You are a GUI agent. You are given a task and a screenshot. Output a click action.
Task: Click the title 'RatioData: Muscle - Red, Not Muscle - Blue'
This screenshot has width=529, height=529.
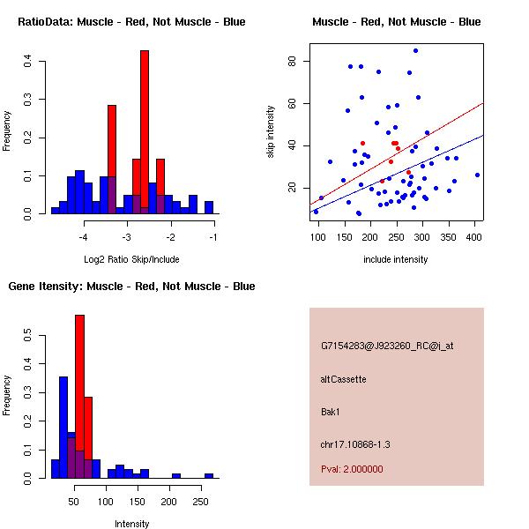click(131, 22)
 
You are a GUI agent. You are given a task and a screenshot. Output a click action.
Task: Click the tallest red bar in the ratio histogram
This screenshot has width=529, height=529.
click(145, 132)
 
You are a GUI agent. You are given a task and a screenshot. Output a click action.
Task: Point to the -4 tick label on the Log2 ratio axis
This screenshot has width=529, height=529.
click(84, 237)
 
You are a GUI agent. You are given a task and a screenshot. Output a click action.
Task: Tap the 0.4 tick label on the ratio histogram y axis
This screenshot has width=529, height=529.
click(28, 61)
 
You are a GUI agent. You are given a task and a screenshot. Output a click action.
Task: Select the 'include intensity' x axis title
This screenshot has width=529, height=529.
click(396, 259)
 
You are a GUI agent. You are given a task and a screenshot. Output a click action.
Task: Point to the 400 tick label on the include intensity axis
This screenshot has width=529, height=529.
click(474, 237)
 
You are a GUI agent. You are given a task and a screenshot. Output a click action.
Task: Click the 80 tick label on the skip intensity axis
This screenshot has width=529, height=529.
click(292, 61)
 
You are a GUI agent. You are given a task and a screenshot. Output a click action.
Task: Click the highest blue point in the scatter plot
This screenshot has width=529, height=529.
click(415, 51)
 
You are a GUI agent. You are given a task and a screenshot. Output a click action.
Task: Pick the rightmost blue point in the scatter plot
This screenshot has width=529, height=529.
click(477, 175)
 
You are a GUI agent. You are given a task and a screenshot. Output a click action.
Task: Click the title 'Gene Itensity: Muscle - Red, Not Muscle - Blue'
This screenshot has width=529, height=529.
click(131, 287)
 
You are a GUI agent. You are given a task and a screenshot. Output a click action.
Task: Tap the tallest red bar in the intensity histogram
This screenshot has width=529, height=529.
click(79, 397)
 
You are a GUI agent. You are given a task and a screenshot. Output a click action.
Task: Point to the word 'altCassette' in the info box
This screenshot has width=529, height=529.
click(344, 379)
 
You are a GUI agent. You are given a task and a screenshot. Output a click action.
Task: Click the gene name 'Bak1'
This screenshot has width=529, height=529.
click(332, 411)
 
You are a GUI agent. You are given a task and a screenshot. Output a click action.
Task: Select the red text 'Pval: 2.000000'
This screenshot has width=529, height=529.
click(352, 469)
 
